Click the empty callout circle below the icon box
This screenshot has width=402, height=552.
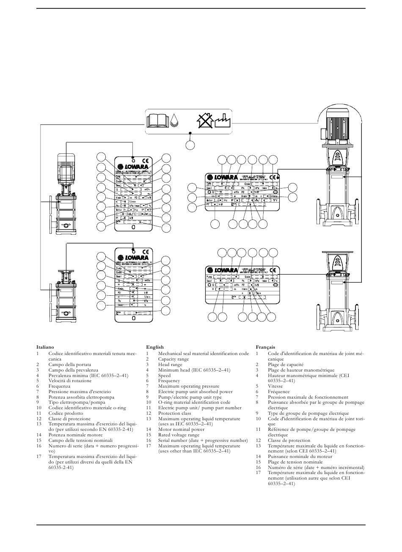click(190, 145)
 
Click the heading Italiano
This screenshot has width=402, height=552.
click(45, 347)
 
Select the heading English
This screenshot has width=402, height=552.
click(154, 347)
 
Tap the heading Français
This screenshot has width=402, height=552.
click(265, 347)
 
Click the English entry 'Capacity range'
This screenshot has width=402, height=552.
click(173, 359)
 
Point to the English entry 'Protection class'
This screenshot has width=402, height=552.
click(174, 413)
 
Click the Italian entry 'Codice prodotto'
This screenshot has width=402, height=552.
click(66, 413)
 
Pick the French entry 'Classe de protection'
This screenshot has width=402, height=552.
click(289, 440)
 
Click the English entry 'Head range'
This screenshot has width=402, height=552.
click(170, 364)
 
